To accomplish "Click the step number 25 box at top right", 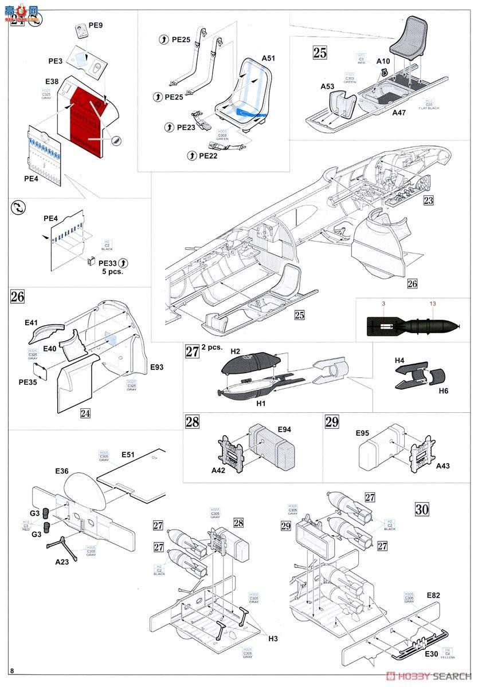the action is coord(320,53).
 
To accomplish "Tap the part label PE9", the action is coord(96,26).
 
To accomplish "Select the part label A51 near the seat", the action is coord(268,58).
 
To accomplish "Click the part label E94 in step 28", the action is coord(285,429).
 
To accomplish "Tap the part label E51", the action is coord(128,455).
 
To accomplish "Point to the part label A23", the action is coord(62,562).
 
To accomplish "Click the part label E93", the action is coord(157,366).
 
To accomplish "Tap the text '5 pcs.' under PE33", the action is coord(111,271).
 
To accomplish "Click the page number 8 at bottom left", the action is coord(11,670).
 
